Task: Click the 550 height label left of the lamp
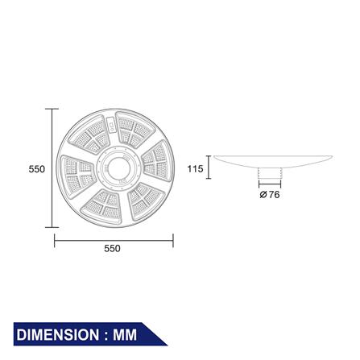pyautogui.click(x=36, y=169)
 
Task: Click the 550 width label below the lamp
pyautogui.click(x=112, y=249)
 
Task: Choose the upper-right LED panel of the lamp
pyautogui.click(x=133, y=130)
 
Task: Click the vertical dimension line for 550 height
pyautogui.click(x=54, y=169)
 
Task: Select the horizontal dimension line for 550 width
pyautogui.click(x=114, y=239)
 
